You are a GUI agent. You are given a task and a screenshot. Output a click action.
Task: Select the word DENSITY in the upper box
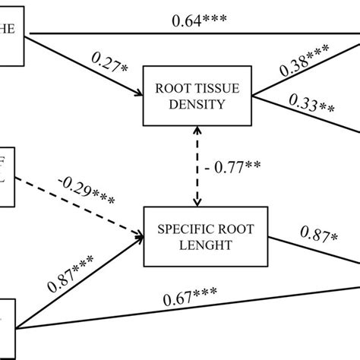tap(199, 105)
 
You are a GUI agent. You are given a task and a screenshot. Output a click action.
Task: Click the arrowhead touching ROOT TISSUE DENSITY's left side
tap(139, 95)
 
